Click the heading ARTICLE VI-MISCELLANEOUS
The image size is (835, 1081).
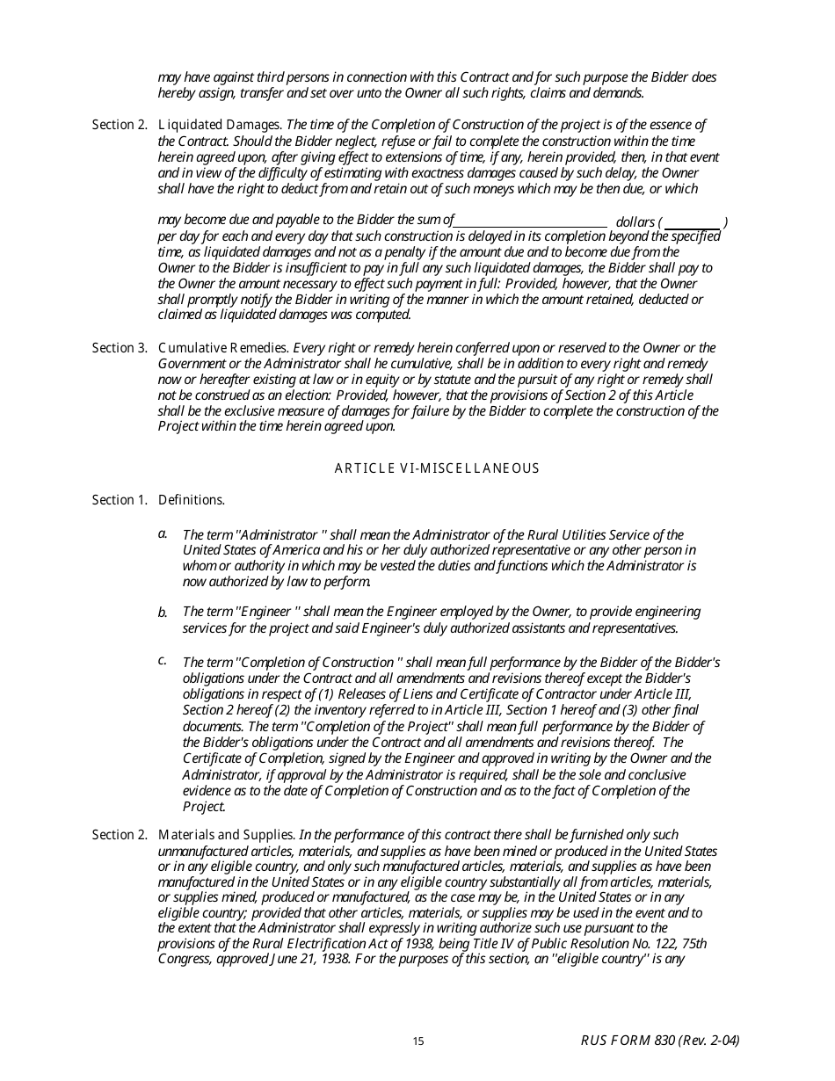tap(437, 468)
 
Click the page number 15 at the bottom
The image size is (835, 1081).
tap(418, 1041)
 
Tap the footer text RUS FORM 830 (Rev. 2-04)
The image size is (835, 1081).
tap(659, 1041)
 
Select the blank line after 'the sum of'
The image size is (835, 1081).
tap(531, 221)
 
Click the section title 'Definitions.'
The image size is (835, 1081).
tap(192, 500)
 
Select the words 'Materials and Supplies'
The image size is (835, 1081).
tap(226, 835)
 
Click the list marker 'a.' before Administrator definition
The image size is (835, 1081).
tap(163, 533)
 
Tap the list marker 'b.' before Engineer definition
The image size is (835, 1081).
tap(163, 613)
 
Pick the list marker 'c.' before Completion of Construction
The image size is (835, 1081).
tap(163, 660)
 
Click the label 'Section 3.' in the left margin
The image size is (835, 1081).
tap(120, 348)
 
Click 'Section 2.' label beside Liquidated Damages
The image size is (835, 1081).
tap(120, 125)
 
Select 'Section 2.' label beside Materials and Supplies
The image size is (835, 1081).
tap(120, 835)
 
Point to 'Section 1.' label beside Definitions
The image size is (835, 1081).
tap(120, 500)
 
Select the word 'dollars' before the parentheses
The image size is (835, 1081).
tap(635, 223)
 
